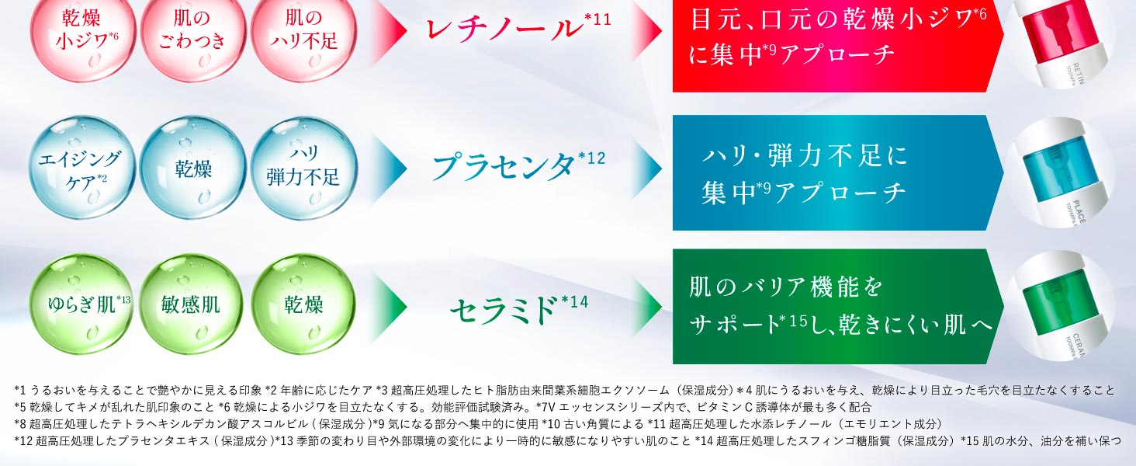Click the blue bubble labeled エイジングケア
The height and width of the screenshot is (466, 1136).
click(83, 169)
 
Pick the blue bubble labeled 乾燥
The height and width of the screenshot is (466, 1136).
click(192, 168)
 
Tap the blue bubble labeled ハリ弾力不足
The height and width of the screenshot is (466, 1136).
click(303, 168)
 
